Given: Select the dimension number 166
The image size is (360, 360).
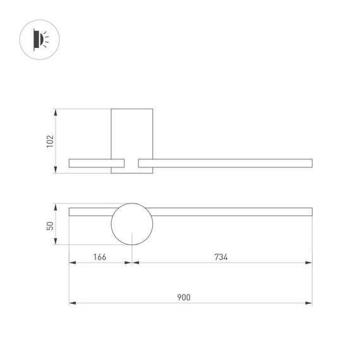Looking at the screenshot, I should (x=99, y=257).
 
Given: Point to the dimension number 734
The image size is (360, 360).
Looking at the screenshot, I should (x=220, y=257).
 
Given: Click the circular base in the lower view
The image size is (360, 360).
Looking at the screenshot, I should (x=131, y=224).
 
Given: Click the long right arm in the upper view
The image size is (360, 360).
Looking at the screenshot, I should (x=225, y=164).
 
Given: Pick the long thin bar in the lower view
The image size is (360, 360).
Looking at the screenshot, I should (x=227, y=211).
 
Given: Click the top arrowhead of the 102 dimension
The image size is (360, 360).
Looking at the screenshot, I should (x=57, y=112).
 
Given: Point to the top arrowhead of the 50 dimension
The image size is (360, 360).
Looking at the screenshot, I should (x=57, y=207).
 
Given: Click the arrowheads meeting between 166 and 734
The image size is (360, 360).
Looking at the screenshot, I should (x=131, y=263).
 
